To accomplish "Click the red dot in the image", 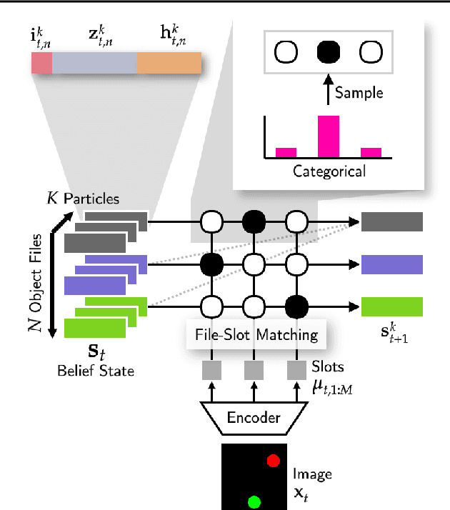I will [x=273, y=461].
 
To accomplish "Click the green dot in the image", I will [x=252, y=500].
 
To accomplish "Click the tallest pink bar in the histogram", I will [x=328, y=136].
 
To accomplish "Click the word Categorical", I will [x=328, y=171].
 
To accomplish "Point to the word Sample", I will [x=359, y=93].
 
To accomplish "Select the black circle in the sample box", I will [x=329, y=52].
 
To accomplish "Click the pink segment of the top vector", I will [x=41, y=65].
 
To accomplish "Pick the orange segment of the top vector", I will [x=169, y=65].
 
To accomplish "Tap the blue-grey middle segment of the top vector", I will [x=94, y=65].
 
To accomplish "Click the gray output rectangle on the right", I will [x=392, y=223].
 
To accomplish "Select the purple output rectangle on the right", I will [x=392, y=265].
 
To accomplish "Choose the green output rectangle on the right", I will [x=392, y=306].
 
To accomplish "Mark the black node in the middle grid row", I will [x=211, y=265].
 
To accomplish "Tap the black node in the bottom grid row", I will [x=296, y=307].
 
